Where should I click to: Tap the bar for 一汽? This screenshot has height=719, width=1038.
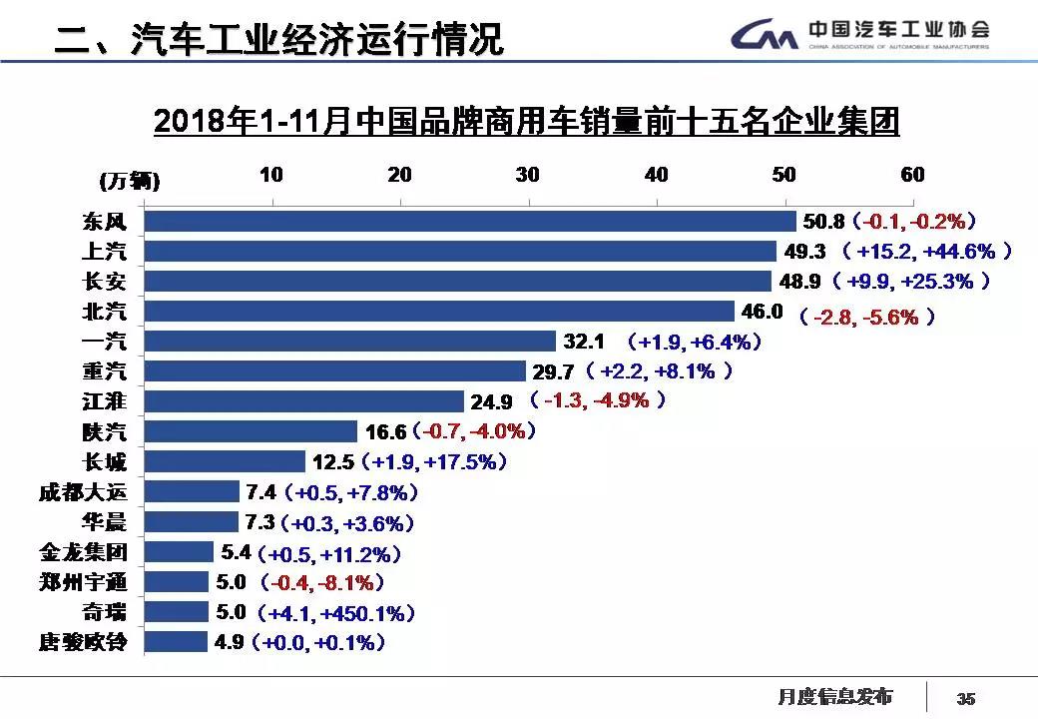pos(349,342)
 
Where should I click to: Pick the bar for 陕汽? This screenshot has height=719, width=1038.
pos(251,431)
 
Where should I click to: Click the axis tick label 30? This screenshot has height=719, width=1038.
pos(528,175)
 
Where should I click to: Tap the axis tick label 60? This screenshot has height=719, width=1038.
pos(912,175)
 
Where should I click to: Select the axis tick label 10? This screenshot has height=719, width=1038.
pos(271,175)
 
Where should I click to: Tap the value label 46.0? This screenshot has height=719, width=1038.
pos(763,312)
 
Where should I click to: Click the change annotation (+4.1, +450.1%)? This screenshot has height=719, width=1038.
pos(335,612)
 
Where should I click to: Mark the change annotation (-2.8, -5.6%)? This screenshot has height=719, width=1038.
pos(865,317)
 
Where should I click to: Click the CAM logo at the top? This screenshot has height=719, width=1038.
pos(764,37)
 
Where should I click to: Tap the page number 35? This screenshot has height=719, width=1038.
pos(966,698)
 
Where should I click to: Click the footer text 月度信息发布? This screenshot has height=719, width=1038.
pos(835,696)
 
